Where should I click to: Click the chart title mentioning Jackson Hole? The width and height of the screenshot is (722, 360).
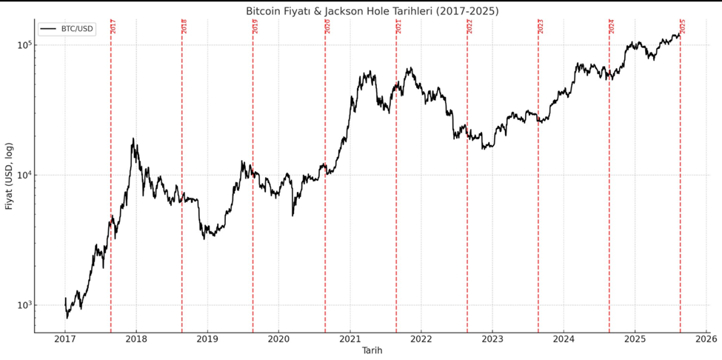click(x=372, y=11)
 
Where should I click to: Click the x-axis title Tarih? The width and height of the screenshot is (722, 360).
click(x=372, y=350)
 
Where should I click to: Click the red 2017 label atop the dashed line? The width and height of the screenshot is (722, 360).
click(x=113, y=26)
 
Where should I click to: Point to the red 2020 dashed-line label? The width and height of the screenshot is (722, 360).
click(x=327, y=26)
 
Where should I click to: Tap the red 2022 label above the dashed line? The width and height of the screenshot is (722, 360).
click(x=469, y=26)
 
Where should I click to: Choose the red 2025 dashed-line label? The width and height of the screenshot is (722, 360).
click(x=683, y=26)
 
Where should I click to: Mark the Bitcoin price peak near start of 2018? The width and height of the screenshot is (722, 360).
click(x=133, y=139)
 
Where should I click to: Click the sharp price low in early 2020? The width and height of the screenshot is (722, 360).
click(x=293, y=215)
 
